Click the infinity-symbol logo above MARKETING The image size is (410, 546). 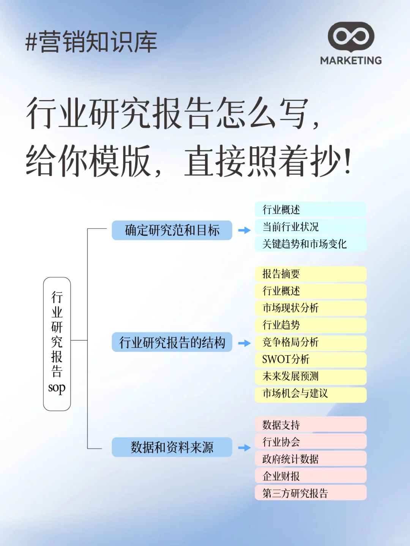[351, 37]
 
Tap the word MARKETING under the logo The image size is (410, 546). [351, 61]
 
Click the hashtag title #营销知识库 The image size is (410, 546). [91, 42]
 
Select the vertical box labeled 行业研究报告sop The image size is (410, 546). [57, 344]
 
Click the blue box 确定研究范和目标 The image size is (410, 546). [172, 230]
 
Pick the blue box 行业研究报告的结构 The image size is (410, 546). [172, 342]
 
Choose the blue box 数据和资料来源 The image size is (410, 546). [172, 447]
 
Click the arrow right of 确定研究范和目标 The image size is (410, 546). [244, 230]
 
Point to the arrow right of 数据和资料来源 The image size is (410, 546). [244, 448]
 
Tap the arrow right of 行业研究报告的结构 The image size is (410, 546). [244, 343]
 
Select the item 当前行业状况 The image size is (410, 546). [310, 227]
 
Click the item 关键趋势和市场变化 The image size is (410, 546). [310, 244]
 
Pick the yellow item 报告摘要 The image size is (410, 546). [310, 274]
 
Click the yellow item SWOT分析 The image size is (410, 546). [310, 359]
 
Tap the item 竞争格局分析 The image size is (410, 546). [310, 342]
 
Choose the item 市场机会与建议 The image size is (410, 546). [310, 393]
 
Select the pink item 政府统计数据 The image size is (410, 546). [310, 459]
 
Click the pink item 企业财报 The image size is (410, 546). [310, 476]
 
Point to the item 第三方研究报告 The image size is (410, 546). [310, 493]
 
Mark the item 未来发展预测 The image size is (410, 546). [310, 376]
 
